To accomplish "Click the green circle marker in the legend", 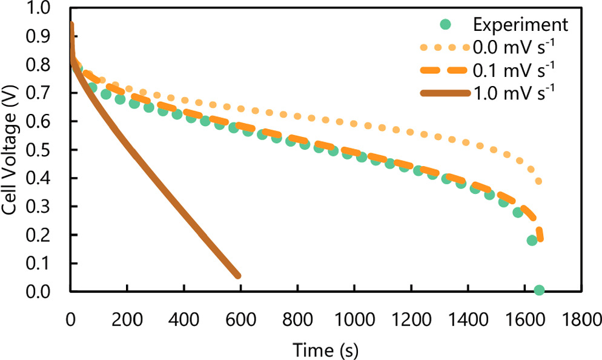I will (x=446, y=25).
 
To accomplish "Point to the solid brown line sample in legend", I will (x=446, y=93).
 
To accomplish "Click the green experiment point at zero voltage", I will (x=539, y=291).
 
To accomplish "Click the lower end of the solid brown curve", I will (x=238, y=276).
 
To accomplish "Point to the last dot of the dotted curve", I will (x=538, y=181).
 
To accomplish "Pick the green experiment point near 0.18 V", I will (x=532, y=241).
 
